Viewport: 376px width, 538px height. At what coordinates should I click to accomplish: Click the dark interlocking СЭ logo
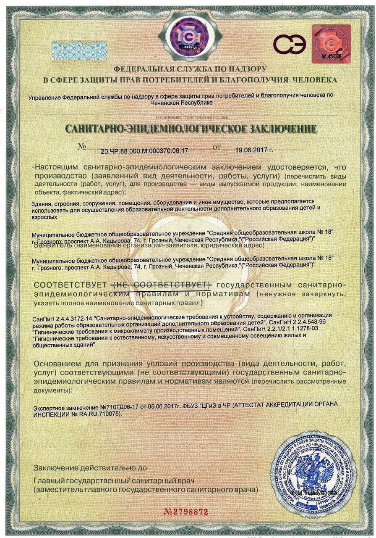(289, 43)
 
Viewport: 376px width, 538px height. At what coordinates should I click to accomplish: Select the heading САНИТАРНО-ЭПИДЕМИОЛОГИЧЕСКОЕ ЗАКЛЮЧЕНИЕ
(191, 129)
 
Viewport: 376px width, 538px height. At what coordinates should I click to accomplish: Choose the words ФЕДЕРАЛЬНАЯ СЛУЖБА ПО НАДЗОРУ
(190, 69)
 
